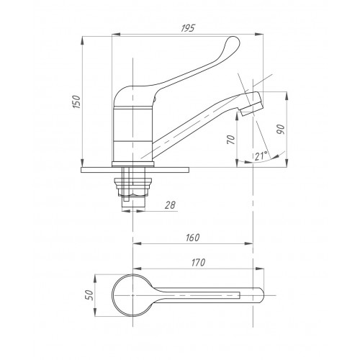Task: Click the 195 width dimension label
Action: pyautogui.click(x=188, y=28)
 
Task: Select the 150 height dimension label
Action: pyautogui.click(x=76, y=102)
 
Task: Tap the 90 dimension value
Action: pyautogui.click(x=281, y=130)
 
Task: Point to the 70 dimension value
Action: pyautogui.click(x=230, y=140)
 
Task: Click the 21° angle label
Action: pyautogui.click(x=261, y=156)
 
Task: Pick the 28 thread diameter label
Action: pyautogui.click(x=170, y=205)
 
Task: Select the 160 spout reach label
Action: pyautogui.click(x=193, y=238)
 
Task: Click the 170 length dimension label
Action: pyautogui.click(x=198, y=263)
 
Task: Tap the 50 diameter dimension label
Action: pyautogui.click(x=89, y=294)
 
